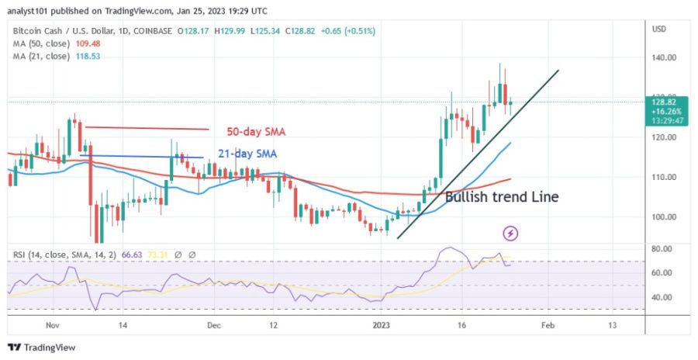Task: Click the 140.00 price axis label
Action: pyautogui.click(x=663, y=57)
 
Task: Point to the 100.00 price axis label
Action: pyautogui.click(x=663, y=217)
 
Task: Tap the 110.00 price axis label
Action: pyautogui.click(x=663, y=177)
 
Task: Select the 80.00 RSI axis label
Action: pyautogui.click(x=662, y=249)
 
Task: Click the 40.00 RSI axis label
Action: pyautogui.click(x=662, y=297)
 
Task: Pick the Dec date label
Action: pyautogui.click(x=215, y=327)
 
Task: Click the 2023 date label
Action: pyautogui.click(x=380, y=327)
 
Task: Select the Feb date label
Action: pyautogui.click(x=548, y=327)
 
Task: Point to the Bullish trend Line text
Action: pyautogui.click(x=502, y=197)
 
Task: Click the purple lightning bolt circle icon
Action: pyautogui.click(x=511, y=232)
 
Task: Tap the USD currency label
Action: pyautogui.click(x=660, y=29)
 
